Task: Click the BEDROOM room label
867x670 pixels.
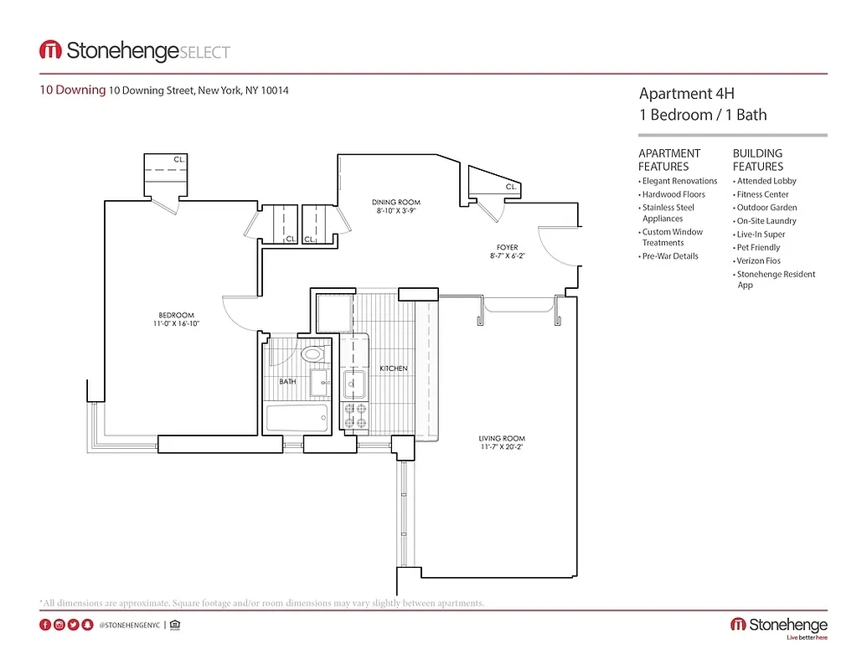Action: tap(176, 315)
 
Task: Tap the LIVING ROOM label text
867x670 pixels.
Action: tap(502, 438)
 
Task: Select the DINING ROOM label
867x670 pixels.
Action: tap(396, 202)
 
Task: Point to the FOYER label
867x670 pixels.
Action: tap(507, 248)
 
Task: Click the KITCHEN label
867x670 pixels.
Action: tap(394, 368)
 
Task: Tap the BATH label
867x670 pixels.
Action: tap(287, 382)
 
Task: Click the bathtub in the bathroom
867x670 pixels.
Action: tap(297, 418)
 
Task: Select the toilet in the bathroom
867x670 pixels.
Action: tap(312, 354)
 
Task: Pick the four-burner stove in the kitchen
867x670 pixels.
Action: tap(355, 415)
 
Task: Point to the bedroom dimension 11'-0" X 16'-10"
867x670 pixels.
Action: tap(176, 323)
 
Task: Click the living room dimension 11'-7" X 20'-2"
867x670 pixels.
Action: tap(502, 447)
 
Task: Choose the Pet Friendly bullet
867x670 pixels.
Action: tap(758, 248)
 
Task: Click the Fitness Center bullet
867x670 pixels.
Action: tap(762, 194)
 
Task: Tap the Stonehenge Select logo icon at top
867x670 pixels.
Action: tap(50, 50)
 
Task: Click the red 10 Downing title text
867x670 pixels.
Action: tap(73, 90)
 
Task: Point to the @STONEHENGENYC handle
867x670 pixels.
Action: tap(129, 625)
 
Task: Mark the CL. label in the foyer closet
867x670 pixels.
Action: tap(510, 187)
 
